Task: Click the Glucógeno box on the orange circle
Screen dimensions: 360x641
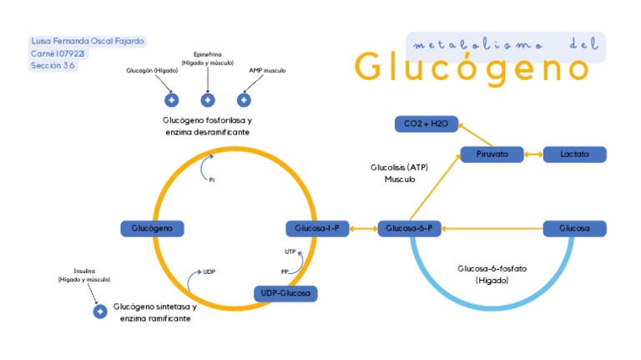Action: click(152, 228)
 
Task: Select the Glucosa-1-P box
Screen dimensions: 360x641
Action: click(317, 228)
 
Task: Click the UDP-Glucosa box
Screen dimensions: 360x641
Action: click(286, 293)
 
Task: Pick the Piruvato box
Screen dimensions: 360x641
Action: click(492, 155)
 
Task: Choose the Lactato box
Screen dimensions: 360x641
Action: click(574, 155)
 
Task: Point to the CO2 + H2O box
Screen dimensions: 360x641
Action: click(426, 124)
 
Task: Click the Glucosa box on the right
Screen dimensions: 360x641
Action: click(574, 228)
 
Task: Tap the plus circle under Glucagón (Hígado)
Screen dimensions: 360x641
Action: click(172, 100)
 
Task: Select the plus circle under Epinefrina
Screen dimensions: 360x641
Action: click(208, 100)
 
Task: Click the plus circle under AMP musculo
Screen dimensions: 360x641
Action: click(244, 100)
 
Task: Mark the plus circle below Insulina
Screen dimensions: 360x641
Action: click(100, 312)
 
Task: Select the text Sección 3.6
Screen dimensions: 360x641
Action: click(53, 65)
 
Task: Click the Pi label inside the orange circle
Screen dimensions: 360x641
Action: click(212, 180)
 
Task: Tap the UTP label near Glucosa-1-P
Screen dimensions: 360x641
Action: click(290, 251)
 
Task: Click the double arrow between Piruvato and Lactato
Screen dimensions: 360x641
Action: click(533, 155)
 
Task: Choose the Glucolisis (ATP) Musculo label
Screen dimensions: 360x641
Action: click(399, 173)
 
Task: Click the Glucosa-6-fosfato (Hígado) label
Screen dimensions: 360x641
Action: click(492, 275)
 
